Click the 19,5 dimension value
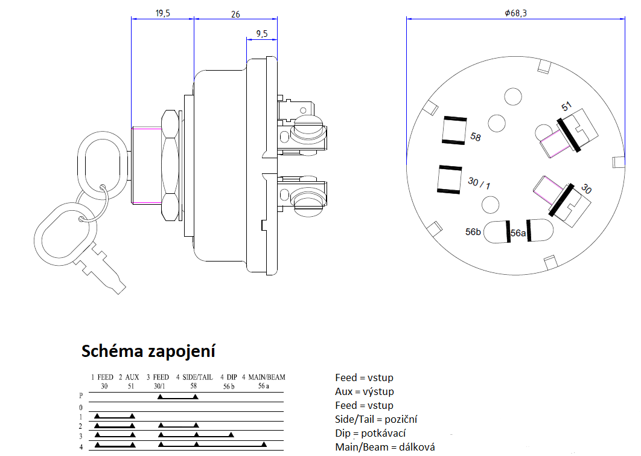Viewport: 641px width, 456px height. (162, 13)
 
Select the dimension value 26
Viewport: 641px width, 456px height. (235, 13)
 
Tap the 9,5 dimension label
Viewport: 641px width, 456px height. (262, 34)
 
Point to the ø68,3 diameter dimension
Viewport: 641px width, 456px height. (515, 13)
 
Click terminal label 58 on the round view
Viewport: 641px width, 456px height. (476, 138)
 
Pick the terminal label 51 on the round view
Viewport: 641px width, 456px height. (566, 108)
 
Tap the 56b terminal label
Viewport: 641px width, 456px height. (473, 232)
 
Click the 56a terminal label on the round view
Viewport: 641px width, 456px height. (518, 233)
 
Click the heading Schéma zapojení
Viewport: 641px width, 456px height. (148, 351)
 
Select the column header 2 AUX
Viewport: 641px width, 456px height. (129, 377)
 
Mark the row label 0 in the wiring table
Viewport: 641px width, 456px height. (81, 408)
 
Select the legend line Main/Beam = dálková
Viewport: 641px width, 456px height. (385, 448)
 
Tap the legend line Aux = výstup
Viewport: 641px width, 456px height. (365, 391)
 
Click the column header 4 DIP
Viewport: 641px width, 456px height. (228, 377)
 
